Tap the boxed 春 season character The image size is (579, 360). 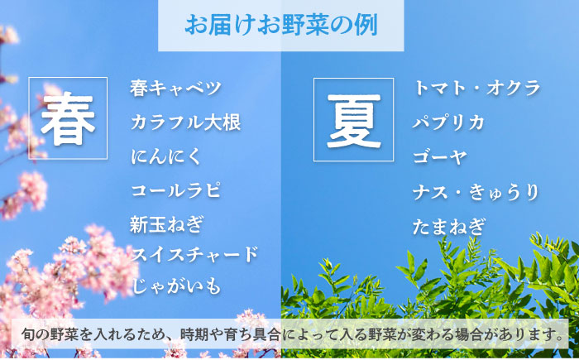(x=69, y=118)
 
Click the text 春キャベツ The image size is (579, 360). (x=176, y=88)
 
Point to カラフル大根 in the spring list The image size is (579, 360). (x=185, y=122)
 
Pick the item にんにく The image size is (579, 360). (x=165, y=156)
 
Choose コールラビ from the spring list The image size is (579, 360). (x=175, y=190)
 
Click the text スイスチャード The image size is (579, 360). (x=194, y=253)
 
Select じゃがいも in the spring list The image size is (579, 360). (x=176, y=286)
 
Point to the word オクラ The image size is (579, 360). (x=517, y=88)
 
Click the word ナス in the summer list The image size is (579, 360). (x=431, y=192)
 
